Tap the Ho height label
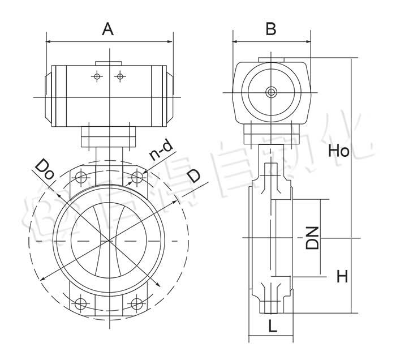(340, 151)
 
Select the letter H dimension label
(342, 276)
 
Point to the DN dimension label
(311, 238)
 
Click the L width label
(272, 326)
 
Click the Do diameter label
(45, 169)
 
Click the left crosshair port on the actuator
(97, 76)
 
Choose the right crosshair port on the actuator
(119, 76)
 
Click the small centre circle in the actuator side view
(272, 92)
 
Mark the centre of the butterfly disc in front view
(109, 241)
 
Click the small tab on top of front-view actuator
(108, 62)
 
